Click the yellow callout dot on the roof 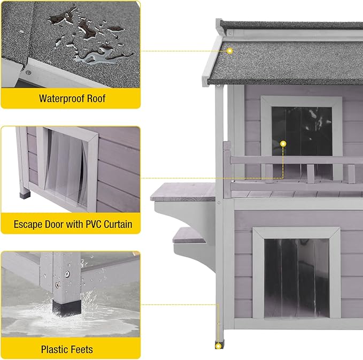[x=229, y=51]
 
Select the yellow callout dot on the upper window [x=283, y=143]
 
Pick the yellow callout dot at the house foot [x=218, y=347]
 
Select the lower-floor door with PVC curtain [x=296, y=275]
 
